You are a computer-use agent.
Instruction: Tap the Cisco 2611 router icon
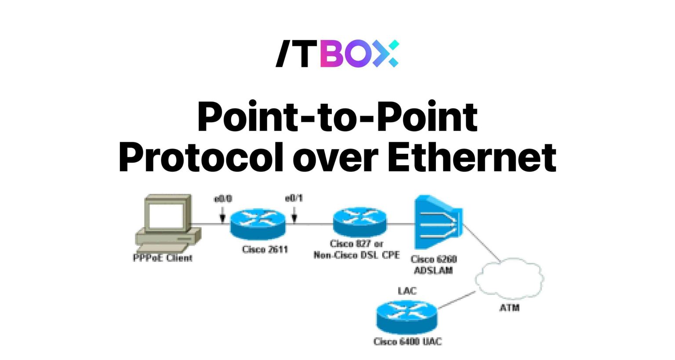(x=258, y=223)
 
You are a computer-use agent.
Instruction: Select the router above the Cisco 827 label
(x=360, y=222)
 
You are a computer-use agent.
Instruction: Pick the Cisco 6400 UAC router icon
(x=407, y=317)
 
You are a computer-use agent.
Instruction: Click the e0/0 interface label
(x=223, y=199)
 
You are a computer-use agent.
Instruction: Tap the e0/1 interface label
(x=294, y=199)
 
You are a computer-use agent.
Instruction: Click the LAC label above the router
(x=407, y=291)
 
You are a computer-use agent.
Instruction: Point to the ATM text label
(x=509, y=308)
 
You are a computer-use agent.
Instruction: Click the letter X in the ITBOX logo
(x=387, y=54)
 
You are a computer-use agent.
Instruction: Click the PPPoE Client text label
(x=163, y=258)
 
